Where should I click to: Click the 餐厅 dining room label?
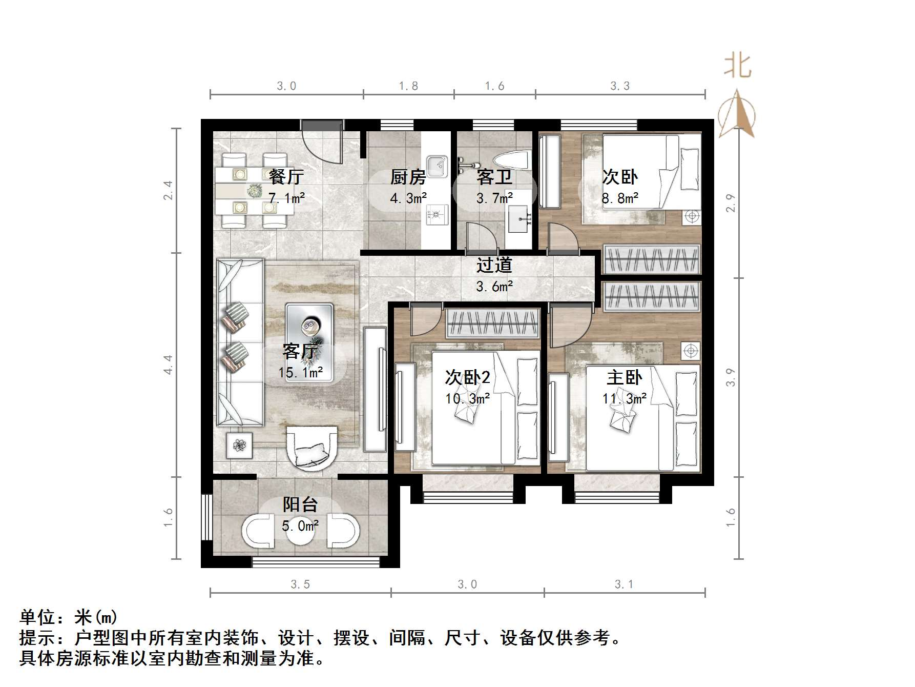(286, 177)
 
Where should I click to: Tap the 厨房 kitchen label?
(408, 177)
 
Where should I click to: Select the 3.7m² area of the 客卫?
(494, 198)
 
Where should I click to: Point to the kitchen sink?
(437, 165)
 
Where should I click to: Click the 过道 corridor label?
(494, 265)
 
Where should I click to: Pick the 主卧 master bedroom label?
(623, 378)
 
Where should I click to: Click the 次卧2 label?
(467, 378)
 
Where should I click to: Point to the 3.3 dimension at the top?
(620, 86)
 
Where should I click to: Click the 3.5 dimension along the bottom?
(300, 584)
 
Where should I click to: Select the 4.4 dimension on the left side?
(169, 365)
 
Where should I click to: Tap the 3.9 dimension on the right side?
(731, 377)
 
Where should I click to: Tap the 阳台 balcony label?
(300, 504)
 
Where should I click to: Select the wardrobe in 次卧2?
(493, 323)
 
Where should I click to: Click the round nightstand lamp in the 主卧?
(691, 351)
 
